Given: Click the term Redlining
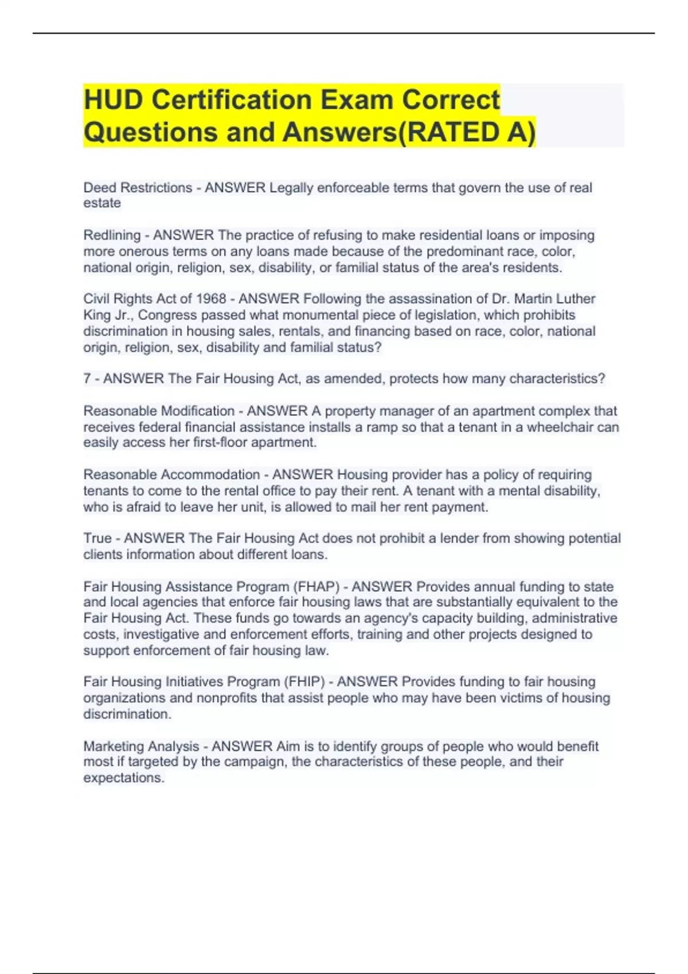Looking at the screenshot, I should pyautogui.click(x=112, y=235).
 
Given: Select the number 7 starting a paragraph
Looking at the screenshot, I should pyautogui.click(x=87, y=379).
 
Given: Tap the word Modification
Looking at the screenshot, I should pyautogui.click(x=197, y=411).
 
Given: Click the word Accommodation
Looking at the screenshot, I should pyautogui.click(x=210, y=474).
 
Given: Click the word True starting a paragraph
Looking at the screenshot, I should pyautogui.click(x=97, y=538).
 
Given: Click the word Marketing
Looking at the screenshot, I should pyautogui.click(x=113, y=746).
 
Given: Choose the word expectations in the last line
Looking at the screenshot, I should pyautogui.click(x=124, y=778).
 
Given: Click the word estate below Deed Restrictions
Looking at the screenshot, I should pyautogui.click(x=102, y=203).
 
